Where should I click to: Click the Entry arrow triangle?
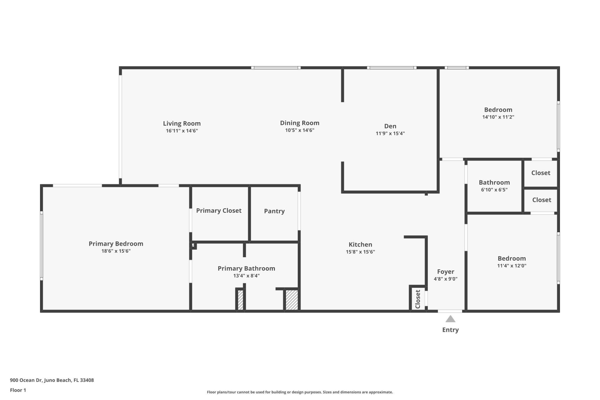pyautogui.click(x=450, y=319)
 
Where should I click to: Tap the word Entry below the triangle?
pyautogui.click(x=450, y=330)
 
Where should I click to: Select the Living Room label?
pyautogui.click(x=182, y=123)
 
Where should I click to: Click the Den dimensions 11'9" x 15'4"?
pyautogui.click(x=390, y=133)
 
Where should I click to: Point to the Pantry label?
pyautogui.click(x=274, y=211)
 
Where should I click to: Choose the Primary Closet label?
pyautogui.click(x=218, y=211)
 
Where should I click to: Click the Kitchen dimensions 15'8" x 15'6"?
pyautogui.click(x=360, y=252)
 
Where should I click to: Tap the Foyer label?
pyautogui.click(x=445, y=272)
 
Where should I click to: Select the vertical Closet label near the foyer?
pyautogui.click(x=418, y=299)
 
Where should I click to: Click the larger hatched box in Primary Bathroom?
pyautogui.click(x=292, y=300)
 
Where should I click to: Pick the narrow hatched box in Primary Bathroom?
pyautogui.click(x=240, y=300)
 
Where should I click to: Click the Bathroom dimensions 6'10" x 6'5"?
pyautogui.click(x=494, y=190)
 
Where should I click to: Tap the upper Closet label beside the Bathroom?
pyautogui.click(x=541, y=173)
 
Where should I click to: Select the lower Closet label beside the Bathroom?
pyautogui.click(x=542, y=200)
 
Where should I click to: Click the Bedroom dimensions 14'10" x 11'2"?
pyautogui.click(x=498, y=117)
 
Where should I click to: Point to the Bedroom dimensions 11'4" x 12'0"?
pyautogui.click(x=512, y=266)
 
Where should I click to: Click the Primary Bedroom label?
pyautogui.click(x=116, y=244)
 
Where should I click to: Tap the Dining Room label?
pyautogui.click(x=299, y=123)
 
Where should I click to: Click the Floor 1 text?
pyautogui.click(x=18, y=390)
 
